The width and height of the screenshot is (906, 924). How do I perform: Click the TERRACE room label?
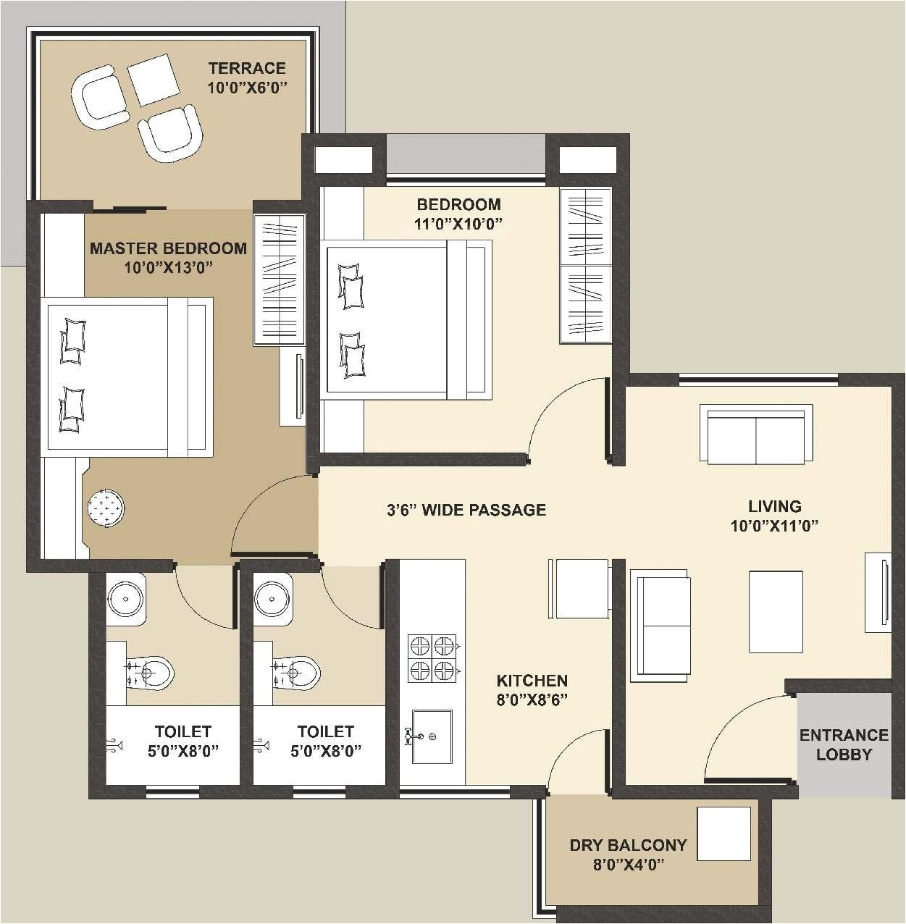click(x=247, y=68)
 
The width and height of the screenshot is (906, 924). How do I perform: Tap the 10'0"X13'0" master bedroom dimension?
click(x=168, y=267)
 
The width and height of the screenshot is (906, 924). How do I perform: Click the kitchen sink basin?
click(x=432, y=736)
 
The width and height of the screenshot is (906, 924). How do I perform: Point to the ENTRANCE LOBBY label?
click(x=844, y=744)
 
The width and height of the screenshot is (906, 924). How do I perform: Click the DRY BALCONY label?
click(x=627, y=845)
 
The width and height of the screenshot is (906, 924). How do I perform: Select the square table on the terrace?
click(x=154, y=80)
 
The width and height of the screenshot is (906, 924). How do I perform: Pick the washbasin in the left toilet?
click(x=126, y=600)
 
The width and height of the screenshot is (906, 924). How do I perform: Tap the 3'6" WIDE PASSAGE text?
click(x=466, y=510)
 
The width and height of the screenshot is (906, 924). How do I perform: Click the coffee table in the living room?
click(x=776, y=611)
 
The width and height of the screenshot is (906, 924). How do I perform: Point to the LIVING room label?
click(x=774, y=506)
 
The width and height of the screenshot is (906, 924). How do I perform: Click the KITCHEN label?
click(x=532, y=681)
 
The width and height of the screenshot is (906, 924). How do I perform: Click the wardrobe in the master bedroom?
click(x=277, y=280)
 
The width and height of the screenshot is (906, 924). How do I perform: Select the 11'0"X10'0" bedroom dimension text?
click(x=458, y=224)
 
